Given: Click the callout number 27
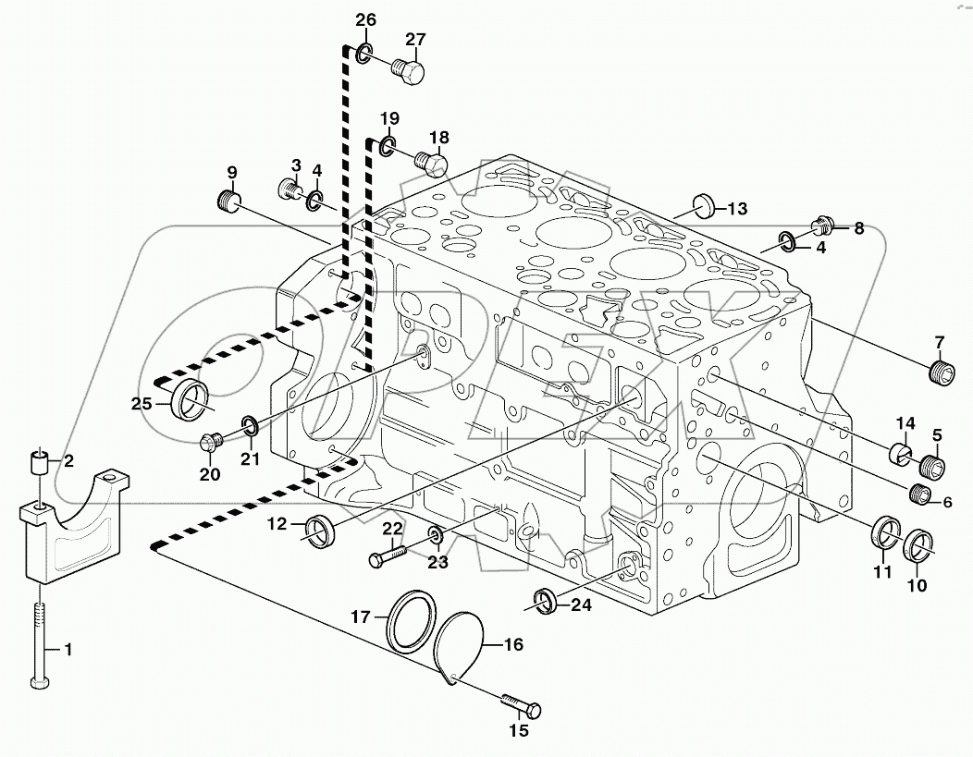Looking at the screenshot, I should click(415, 39).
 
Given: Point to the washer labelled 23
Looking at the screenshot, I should click(436, 535).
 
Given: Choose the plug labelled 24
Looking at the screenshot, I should click(546, 601).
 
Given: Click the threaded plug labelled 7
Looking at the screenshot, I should click(941, 372).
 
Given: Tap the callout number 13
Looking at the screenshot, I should click(736, 208).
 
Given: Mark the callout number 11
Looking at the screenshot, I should click(882, 574).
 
